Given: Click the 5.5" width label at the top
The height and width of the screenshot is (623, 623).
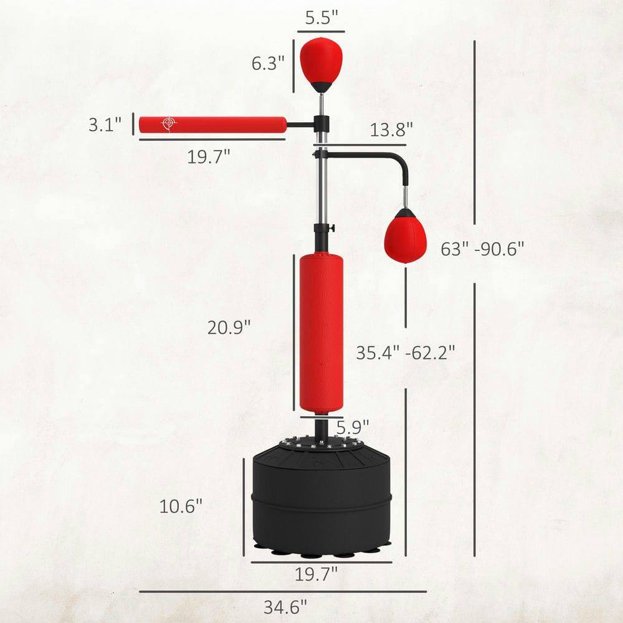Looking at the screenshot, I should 321,18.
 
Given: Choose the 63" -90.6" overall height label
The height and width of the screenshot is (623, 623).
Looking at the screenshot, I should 482,249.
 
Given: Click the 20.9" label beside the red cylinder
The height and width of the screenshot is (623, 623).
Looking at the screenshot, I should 229,327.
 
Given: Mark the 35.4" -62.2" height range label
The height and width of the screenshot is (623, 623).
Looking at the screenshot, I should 406,353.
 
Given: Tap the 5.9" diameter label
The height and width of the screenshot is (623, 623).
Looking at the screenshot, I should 353,427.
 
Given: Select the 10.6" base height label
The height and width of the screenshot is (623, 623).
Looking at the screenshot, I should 181,506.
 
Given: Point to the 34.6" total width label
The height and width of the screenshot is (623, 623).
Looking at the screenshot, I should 285,607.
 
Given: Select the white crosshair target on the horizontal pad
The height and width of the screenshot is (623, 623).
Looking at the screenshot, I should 168,124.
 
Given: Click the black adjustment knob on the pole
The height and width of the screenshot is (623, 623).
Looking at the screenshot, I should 332,227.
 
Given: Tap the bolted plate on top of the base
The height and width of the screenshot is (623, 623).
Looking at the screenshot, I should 321,443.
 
